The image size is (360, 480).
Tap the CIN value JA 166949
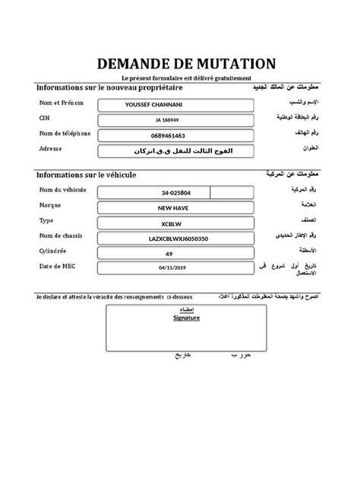175,120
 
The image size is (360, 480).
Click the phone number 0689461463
174,134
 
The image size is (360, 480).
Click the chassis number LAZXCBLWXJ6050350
175,238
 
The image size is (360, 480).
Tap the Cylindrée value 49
175,254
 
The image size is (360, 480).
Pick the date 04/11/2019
175,268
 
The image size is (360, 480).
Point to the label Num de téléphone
65,134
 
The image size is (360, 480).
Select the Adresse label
50,148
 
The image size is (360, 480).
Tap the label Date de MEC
59,266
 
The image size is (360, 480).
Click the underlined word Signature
185,320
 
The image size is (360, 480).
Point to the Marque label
50,206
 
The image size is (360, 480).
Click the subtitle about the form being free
180,79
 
